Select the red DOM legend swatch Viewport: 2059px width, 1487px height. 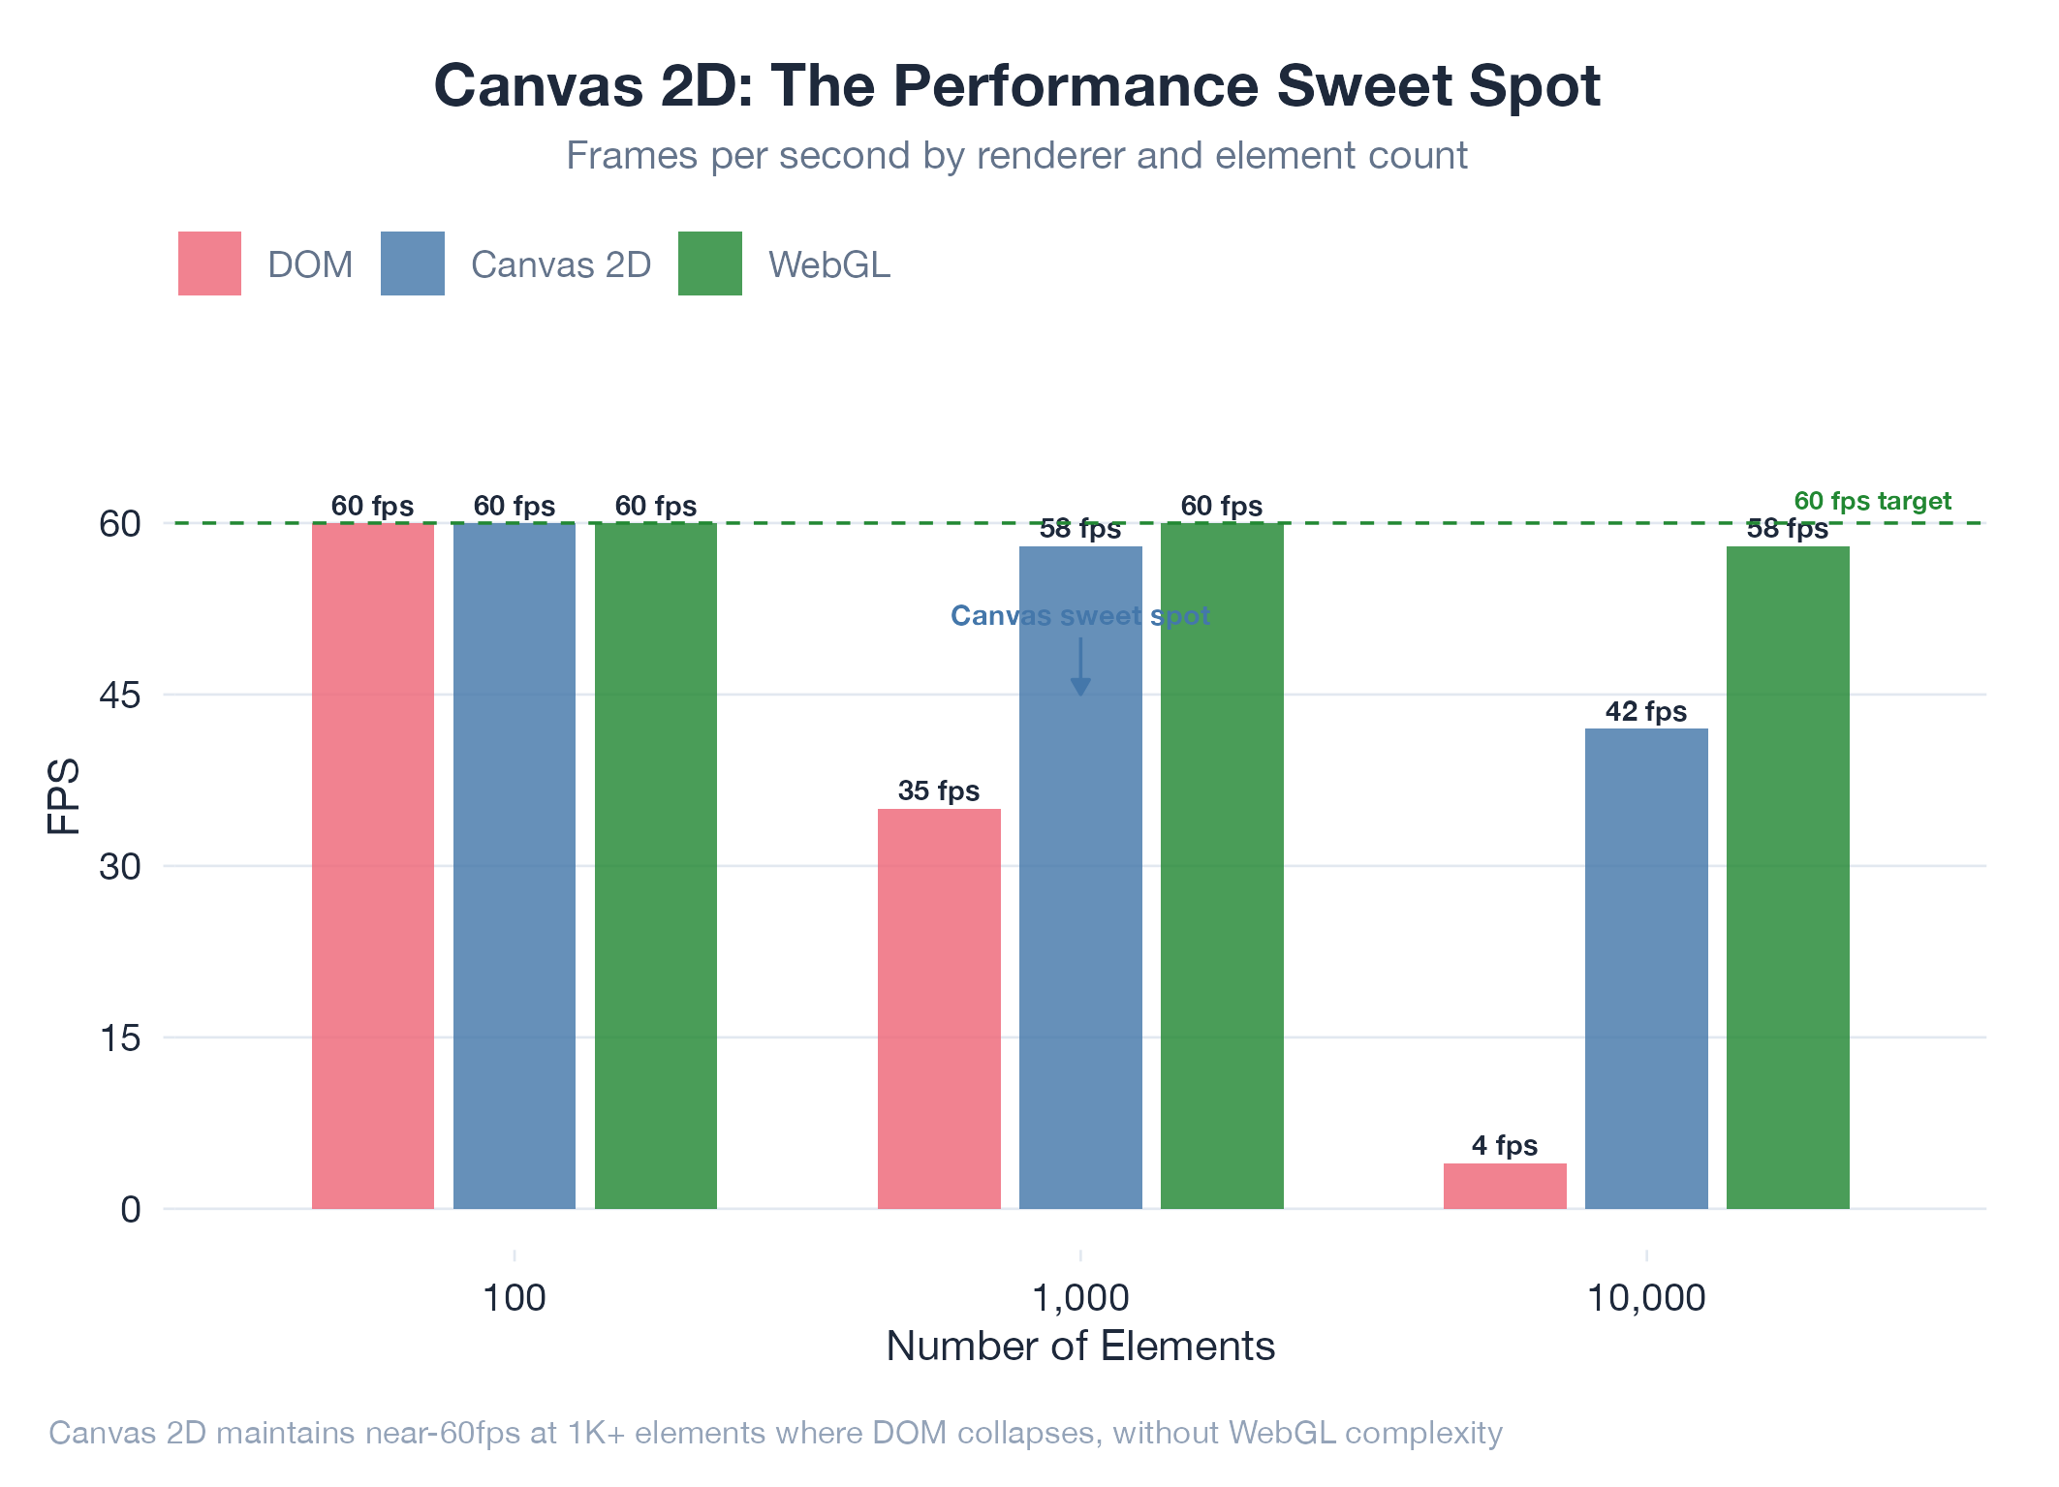point(209,263)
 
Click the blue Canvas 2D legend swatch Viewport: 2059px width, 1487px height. point(412,263)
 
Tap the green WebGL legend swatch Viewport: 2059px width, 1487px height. point(709,263)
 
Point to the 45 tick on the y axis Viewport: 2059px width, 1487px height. point(120,696)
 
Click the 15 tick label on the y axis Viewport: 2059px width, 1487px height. point(120,1038)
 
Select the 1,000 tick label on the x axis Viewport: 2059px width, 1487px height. point(1080,1298)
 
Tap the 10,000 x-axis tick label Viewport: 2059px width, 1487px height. point(1645,1298)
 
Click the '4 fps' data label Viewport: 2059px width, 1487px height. point(1504,1146)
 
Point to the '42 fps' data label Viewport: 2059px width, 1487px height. point(1645,712)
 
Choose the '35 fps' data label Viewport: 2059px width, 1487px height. point(938,791)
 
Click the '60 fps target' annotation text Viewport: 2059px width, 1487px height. point(1872,501)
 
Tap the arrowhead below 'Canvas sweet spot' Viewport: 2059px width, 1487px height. point(1080,687)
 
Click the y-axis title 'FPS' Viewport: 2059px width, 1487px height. point(64,796)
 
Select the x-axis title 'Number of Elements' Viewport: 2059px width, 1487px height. point(1080,1347)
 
